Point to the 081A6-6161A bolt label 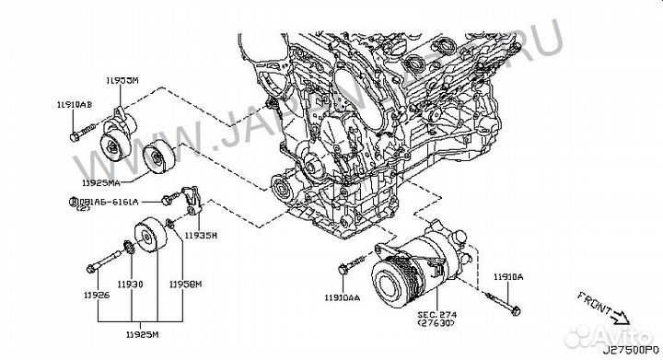(106, 200)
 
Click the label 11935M (200, 236)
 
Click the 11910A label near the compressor (507, 276)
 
